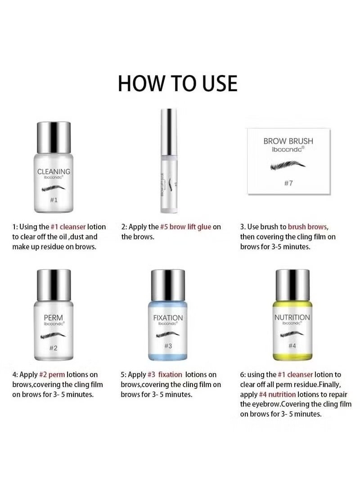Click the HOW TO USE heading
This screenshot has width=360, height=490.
(177, 84)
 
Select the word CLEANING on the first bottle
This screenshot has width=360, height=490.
(53, 171)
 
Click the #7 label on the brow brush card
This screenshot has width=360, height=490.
(288, 183)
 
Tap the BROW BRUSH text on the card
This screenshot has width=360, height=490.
(288, 141)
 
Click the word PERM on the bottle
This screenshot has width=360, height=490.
(53, 317)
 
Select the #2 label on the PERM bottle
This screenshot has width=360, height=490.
(53, 347)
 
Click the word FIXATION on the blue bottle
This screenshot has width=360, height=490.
(168, 318)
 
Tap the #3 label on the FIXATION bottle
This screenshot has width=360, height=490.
(168, 346)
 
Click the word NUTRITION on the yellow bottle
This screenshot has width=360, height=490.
(292, 317)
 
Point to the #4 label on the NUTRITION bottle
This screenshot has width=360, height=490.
(292, 345)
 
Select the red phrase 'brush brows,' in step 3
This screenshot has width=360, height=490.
(308, 227)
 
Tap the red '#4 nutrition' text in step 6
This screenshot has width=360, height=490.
(277, 394)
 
